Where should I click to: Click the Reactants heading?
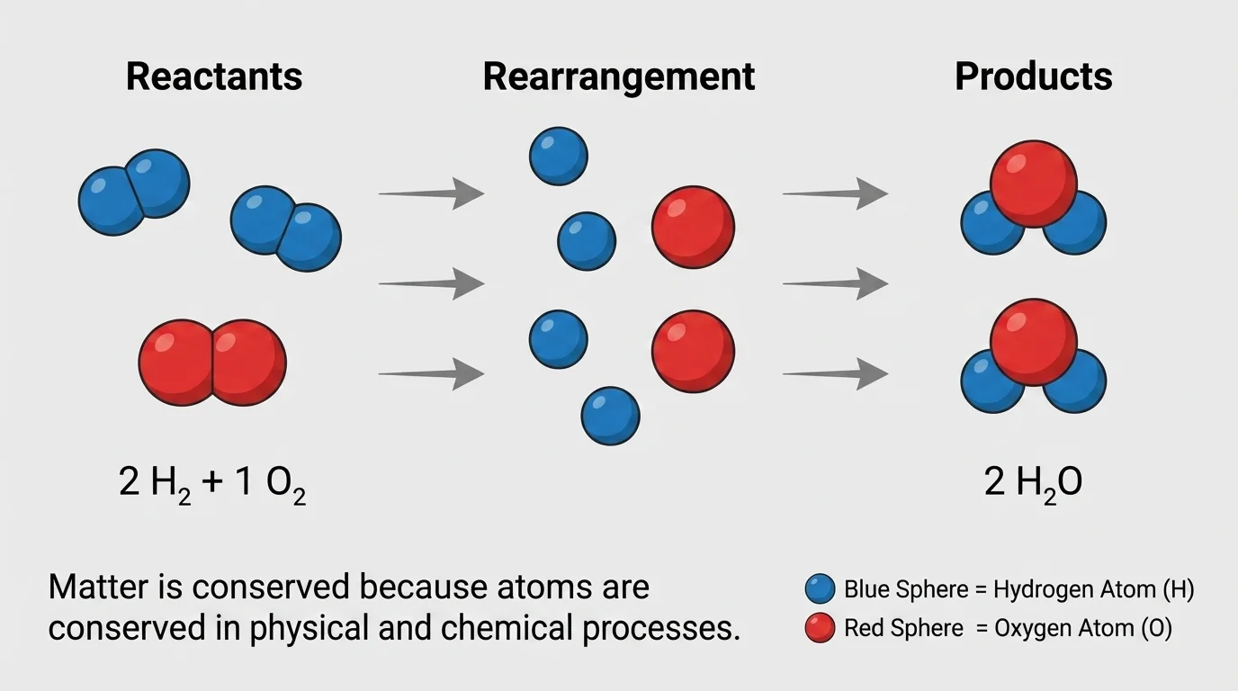[214, 76]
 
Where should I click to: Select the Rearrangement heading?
[618, 76]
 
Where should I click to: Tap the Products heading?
[1033, 76]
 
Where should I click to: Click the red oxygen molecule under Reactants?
[212, 363]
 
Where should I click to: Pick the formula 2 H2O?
[1033, 483]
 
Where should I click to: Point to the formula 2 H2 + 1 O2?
[212, 484]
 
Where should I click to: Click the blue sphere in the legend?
[820, 590]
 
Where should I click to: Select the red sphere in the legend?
[820, 628]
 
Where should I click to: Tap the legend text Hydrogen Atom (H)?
[1093, 590]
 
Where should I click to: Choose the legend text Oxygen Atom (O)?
[1083, 628]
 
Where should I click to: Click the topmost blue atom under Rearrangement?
[558, 156]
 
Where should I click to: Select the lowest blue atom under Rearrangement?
[610, 416]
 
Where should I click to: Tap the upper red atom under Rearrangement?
[693, 228]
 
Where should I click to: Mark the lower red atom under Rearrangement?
[693, 352]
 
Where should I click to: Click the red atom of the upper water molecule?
[1033, 183]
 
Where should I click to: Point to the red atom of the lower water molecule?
[1033, 342]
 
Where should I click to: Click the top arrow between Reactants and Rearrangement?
[431, 193]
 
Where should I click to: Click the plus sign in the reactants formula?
[212, 483]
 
